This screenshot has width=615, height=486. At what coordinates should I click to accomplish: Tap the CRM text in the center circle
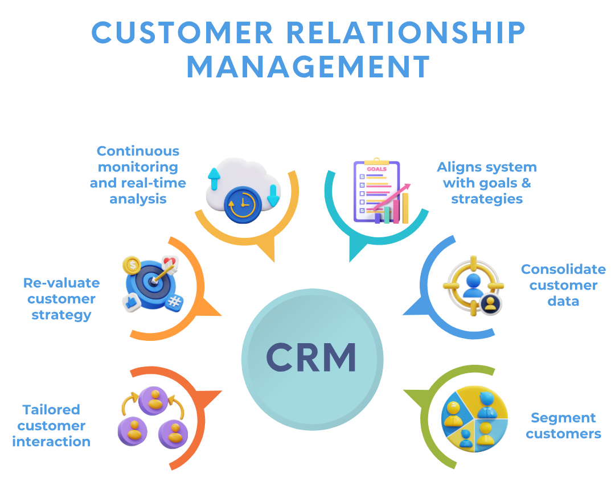click(x=311, y=357)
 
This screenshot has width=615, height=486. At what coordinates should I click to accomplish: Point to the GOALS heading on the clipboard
click(x=376, y=169)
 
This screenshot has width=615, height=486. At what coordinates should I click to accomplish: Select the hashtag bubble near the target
click(x=175, y=301)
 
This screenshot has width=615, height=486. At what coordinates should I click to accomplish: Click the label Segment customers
click(x=563, y=426)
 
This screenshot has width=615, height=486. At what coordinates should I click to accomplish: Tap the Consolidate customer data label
click(x=563, y=285)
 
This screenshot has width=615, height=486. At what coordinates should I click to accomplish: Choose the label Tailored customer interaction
click(x=51, y=426)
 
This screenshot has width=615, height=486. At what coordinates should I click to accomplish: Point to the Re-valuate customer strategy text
click(x=61, y=299)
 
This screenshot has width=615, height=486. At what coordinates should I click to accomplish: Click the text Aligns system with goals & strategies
click(x=487, y=183)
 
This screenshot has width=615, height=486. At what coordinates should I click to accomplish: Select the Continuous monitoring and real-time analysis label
click(x=138, y=175)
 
